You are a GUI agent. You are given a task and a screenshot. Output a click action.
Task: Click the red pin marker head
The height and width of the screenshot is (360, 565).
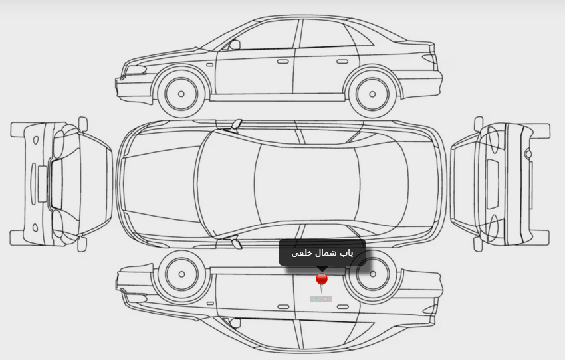322,279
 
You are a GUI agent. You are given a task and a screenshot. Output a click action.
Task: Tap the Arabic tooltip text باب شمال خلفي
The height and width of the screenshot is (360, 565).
322,253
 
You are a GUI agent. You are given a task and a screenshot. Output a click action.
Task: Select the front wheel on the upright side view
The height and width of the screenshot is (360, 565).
181,93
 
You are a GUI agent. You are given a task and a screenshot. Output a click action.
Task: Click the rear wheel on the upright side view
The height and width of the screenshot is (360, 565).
371,94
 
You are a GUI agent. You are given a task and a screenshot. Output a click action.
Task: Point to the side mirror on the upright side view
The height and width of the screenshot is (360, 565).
234,45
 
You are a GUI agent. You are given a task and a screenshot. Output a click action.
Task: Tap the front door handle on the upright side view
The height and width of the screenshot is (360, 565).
282,62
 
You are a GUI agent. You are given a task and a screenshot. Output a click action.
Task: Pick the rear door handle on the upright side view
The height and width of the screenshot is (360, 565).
342,62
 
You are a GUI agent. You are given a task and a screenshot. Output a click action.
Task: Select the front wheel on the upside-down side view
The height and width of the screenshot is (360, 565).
181,274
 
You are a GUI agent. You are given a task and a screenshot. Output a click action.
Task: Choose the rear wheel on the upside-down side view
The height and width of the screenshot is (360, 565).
371,274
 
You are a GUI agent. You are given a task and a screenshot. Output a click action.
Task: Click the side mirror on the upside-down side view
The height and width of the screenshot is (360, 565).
234,323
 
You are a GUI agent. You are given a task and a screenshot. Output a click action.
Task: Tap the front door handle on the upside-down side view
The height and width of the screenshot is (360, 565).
282,306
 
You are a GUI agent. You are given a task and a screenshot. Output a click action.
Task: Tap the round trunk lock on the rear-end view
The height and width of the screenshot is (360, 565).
528,154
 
